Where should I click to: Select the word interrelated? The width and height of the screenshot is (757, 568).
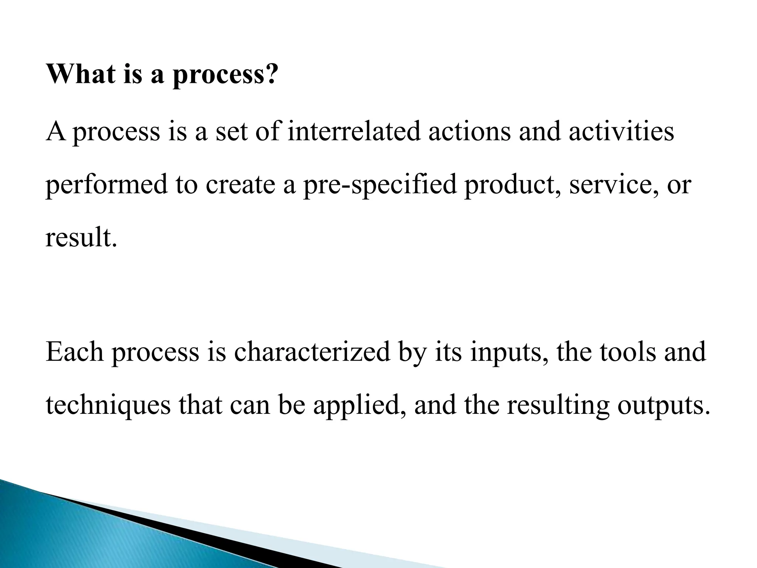click(354, 132)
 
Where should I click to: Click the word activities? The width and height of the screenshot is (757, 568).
click(621, 132)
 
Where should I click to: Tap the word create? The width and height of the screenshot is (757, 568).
click(240, 185)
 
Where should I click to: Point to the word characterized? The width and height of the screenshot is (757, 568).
click(312, 352)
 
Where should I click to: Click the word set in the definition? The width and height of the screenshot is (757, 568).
click(230, 132)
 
